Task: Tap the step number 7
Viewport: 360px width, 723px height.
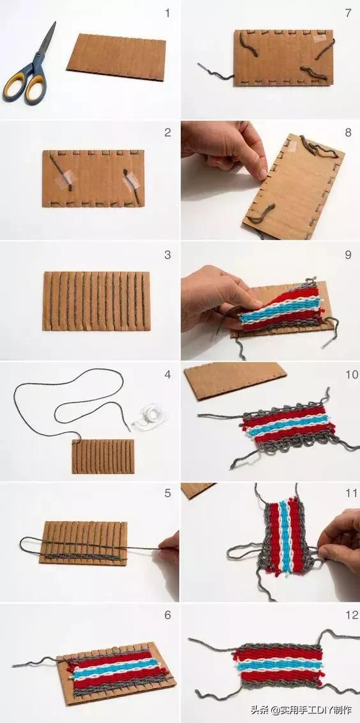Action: pos(348,13)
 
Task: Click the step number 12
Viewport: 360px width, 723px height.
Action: pos(351,614)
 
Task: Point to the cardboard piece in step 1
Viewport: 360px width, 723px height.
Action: pos(116,57)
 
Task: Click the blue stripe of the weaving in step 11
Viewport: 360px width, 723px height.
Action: pos(285,537)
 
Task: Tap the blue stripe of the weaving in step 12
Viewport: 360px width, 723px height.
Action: pos(276,666)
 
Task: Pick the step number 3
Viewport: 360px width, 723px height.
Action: pos(167,255)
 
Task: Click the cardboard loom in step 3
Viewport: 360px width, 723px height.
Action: pos(97,301)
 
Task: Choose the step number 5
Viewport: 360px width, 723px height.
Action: pos(167,493)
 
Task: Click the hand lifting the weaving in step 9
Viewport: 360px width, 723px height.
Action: pos(220,298)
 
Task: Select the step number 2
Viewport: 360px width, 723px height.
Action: pos(167,132)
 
